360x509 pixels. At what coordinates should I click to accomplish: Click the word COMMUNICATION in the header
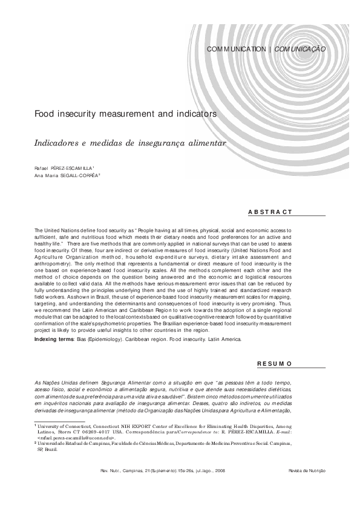coord(236,49)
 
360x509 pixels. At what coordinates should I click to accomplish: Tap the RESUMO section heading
coord(275,364)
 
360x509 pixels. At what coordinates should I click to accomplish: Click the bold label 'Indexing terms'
coord(54,340)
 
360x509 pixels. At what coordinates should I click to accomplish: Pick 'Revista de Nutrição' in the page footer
coord(307,470)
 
